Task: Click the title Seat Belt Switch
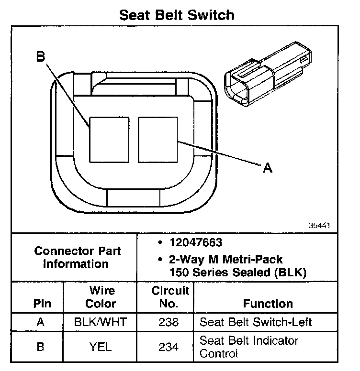click(x=177, y=15)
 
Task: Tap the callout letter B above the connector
click(x=41, y=57)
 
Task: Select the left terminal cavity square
click(x=109, y=139)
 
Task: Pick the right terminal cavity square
click(x=158, y=139)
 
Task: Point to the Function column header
click(x=268, y=304)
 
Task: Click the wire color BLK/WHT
click(x=101, y=322)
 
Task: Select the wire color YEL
click(x=101, y=347)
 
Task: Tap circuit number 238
click(x=169, y=322)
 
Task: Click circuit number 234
click(x=169, y=348)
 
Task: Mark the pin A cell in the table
click(x=41, y=322)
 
